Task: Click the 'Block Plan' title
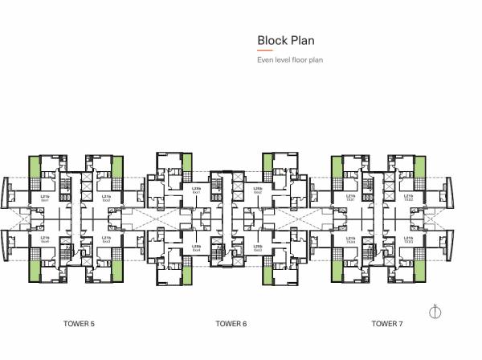285,40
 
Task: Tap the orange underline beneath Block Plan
265,51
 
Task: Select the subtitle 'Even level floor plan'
289,60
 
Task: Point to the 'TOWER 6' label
231,324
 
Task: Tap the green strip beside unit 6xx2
268,163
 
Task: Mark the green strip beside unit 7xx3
418,264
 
